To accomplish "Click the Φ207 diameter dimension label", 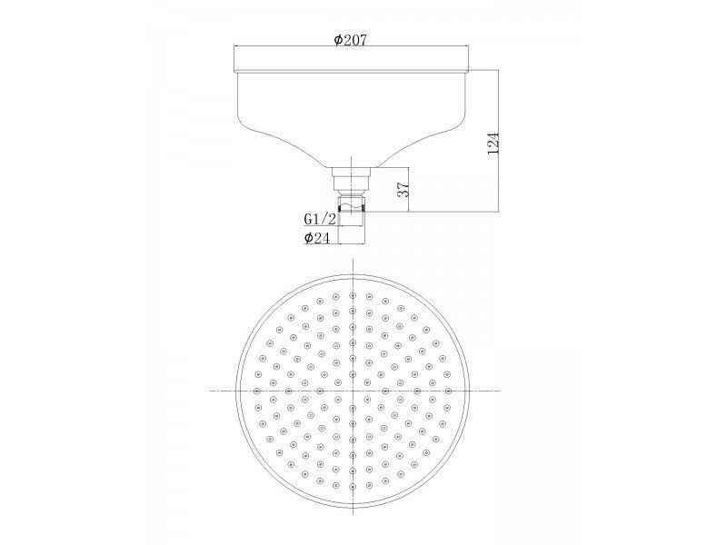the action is (x=351, y=40).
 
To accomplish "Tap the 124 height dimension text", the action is (x=493, y=144).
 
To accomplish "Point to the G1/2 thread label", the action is (x=320, y=218).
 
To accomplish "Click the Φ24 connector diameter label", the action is (x=317, y=238).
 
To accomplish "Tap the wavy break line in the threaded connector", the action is (x=353, y=203).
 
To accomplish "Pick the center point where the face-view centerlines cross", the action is (x=353, y=391).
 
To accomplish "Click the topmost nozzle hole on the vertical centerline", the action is (x=353, y=295).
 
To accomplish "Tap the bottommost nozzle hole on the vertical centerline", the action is (x=353, y=487).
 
